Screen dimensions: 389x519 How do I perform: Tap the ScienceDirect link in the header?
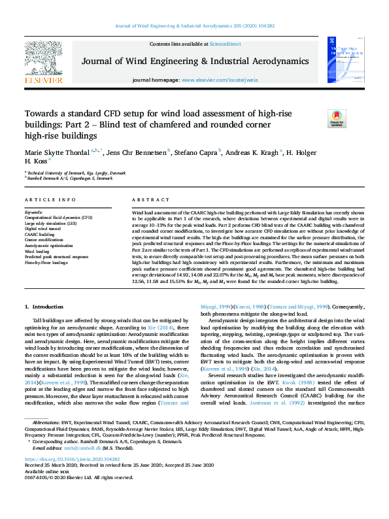click(x=225, y=44)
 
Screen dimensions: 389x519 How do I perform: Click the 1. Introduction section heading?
click(x=44, y=307)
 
